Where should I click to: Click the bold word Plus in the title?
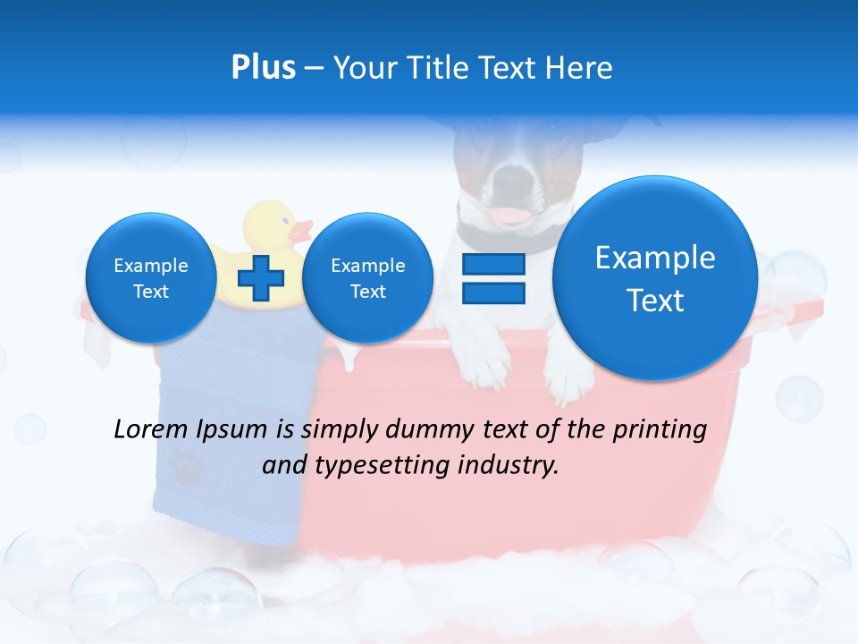pos(263,67)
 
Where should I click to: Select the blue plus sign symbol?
pos(261,278)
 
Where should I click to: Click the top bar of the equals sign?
pos(493,264)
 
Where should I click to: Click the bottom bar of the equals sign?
pos(493,292)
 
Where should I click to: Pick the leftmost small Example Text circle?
pos(151,278)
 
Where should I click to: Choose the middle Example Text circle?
pos(367,278)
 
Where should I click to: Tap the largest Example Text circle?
pos(655,278)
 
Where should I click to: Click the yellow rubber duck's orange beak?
pos(301,231)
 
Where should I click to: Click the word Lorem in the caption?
pos(151,429)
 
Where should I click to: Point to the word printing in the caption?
pos(659,429)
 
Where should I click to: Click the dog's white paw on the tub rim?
pos(568,376)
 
